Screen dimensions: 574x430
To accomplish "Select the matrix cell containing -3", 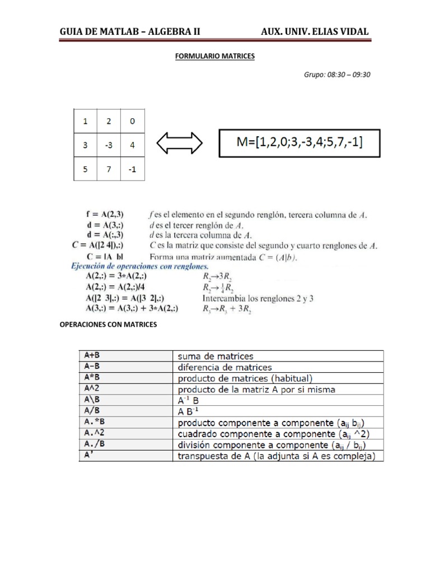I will pyautogui.click(x=109, y=145).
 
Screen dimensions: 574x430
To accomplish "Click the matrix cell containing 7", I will pyautogui.click(x=109, y=169).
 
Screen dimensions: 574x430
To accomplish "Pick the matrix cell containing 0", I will pyautogui.click(x=132, y=121).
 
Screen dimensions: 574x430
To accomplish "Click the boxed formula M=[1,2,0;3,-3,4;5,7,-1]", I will pyautogui.click(x=299, y=143).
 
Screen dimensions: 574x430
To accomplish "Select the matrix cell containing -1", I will pyautogui.click(x=132, y=169).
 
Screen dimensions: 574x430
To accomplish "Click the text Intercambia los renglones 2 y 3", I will pyautogui.click(x=258, y=298).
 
